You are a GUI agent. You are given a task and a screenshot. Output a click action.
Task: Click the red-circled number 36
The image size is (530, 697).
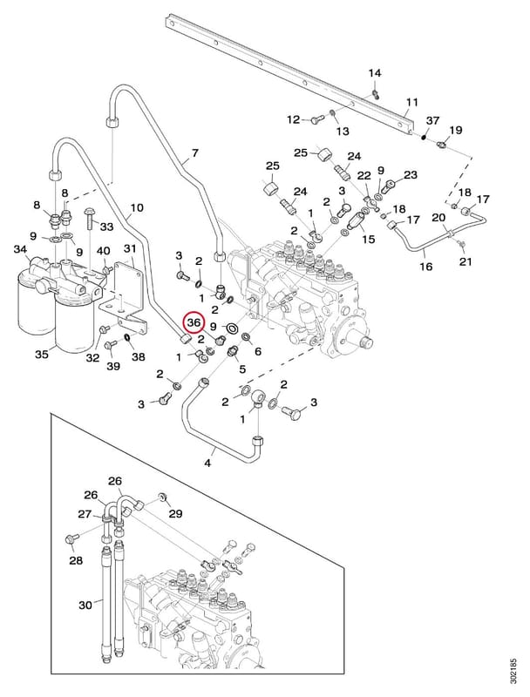[194, 323]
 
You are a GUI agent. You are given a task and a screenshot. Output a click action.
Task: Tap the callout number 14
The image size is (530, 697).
[375, 73]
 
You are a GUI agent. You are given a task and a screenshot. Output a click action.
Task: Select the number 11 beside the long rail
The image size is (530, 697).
[412, 103]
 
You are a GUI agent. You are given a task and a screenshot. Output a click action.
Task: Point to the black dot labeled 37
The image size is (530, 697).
[424, 137]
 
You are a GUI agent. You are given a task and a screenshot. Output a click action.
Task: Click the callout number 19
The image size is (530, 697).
[456, 130]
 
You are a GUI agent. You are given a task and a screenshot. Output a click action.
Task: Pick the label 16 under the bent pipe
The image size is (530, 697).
[426, 267]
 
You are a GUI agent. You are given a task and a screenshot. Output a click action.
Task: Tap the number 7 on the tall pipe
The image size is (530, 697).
[195, 153]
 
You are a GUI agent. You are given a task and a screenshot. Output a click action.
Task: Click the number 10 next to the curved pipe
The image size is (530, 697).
[137, 207]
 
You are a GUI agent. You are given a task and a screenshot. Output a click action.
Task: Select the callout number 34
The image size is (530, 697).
[20, 249]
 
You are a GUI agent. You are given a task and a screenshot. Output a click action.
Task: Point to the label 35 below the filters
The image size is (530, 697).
[42, 355]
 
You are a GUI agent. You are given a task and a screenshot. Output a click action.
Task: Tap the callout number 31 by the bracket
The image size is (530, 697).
[129, 248]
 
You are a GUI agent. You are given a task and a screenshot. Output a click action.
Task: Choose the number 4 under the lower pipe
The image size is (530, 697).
[207, 464]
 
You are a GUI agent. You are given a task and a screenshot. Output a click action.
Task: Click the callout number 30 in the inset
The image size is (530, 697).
[85, 605]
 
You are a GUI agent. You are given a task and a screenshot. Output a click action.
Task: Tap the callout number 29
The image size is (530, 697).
[175, 514]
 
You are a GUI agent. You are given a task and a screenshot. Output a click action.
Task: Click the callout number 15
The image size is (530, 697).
[369, 240]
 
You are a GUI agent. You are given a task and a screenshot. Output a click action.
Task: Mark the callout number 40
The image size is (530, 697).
[103, 251]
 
